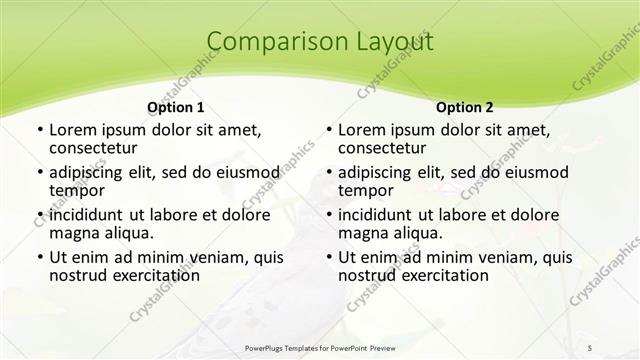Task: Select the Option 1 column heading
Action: click(176, 107)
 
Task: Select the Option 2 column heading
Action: click(465, 107)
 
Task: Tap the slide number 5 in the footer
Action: click(591, 346)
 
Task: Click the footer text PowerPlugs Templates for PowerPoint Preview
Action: click(320, 346)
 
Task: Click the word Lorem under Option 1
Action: click(74, 130)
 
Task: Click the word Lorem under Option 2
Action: click(363, 130)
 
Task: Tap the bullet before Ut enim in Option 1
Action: click(37, 257)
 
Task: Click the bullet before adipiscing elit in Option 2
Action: click(327, 173)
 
